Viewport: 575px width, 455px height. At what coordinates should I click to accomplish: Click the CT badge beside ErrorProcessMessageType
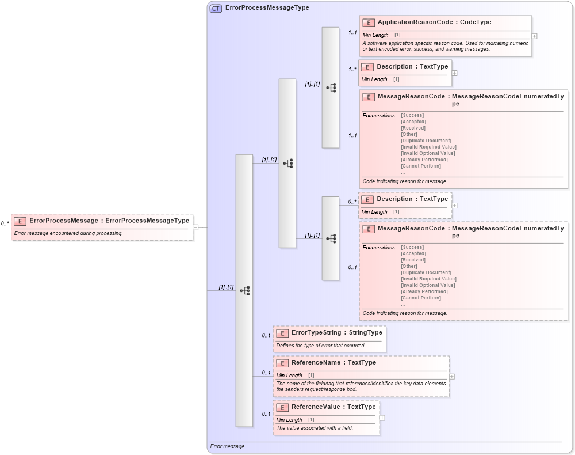tap(216, 8)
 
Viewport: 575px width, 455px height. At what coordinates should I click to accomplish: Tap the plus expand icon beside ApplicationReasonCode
tap(535, 36)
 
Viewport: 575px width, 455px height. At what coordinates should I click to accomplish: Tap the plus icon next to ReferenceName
tap(452, 376)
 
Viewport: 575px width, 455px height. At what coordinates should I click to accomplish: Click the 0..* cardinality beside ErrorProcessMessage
tap(5, 223)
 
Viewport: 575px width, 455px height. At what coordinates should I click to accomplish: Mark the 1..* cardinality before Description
tap(352, 70)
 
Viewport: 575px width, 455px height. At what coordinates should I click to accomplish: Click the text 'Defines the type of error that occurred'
tap(320, 346)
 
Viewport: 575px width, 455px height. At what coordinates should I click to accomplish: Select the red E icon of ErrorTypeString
tap(282, 333)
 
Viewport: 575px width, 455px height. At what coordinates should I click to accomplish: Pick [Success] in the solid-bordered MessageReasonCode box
tap(412, 115)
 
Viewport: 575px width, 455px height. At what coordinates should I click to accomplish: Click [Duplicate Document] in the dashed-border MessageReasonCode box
tap(425, 272)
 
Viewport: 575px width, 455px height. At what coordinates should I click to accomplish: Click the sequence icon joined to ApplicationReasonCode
tap(331, 88)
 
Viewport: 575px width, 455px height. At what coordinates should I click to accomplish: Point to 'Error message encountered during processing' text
tap(68, 233)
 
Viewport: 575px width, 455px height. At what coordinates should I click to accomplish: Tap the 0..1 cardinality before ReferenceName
tap(266, 373)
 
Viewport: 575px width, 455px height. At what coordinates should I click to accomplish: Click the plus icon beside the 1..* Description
tap(455, 73)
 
